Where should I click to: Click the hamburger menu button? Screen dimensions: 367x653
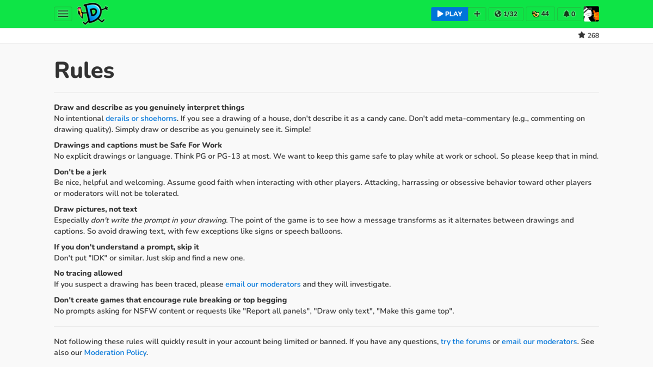[63, 14]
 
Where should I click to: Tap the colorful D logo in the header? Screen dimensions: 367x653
[93, 14]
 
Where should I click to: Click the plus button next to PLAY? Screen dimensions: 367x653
[477, 14]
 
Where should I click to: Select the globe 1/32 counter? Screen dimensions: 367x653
[506, 14]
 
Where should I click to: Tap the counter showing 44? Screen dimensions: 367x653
[540, 14]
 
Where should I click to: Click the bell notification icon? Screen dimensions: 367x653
[566, 14]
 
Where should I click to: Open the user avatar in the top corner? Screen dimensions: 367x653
[591, 14]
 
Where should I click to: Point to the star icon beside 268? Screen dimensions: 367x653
[582, 35]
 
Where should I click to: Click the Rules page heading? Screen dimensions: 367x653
[84, 71]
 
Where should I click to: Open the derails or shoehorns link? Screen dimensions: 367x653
[141, 119]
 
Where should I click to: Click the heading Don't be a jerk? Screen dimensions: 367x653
[80, 172]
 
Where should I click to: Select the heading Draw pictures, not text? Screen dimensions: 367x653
[95, 209]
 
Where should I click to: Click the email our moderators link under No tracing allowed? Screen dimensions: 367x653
[263, 284]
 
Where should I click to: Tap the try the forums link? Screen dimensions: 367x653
[465, 341]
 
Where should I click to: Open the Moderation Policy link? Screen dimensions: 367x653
[115, 352]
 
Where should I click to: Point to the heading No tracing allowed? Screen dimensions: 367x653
[88, 273]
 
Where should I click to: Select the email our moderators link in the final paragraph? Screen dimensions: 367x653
[539, 341]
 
